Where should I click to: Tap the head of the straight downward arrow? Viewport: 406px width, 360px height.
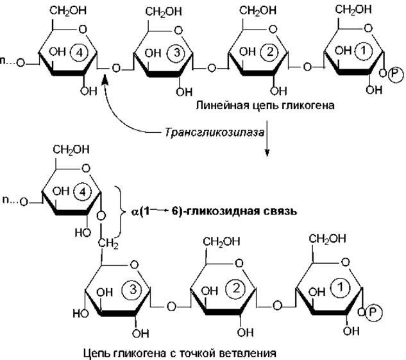point(266,154)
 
